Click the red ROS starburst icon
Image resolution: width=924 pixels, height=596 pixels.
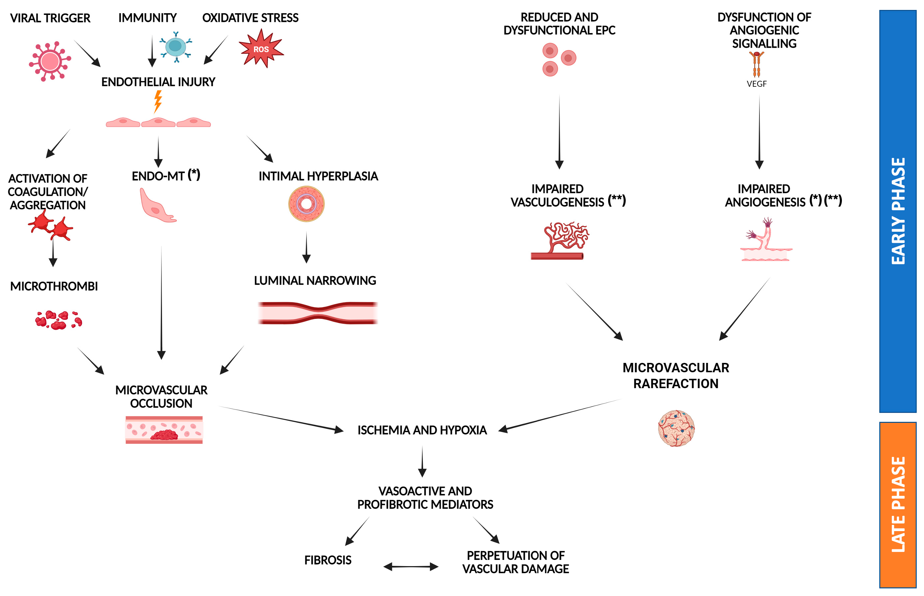coord(261,49)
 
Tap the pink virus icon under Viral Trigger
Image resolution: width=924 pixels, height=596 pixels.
coord(50,61)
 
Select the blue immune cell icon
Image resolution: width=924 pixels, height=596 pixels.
coord(176,46)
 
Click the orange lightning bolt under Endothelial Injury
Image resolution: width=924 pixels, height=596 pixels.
coord(158,101)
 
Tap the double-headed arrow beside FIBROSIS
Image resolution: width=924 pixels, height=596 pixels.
coord(411,567)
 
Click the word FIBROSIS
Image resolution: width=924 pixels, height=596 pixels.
coord(327,560)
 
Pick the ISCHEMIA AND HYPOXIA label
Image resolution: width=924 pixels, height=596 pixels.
coord(422,430)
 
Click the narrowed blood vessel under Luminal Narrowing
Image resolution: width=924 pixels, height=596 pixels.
coord(318,313)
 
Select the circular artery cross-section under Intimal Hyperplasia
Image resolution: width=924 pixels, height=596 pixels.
coord(306,204)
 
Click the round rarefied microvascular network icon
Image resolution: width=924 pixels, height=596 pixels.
coord(676,428)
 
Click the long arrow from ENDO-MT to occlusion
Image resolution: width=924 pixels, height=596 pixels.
coord(161,302)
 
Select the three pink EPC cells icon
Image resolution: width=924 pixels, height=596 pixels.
coord(559,60)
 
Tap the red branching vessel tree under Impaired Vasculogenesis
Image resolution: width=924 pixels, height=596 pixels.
coord(561,240)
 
